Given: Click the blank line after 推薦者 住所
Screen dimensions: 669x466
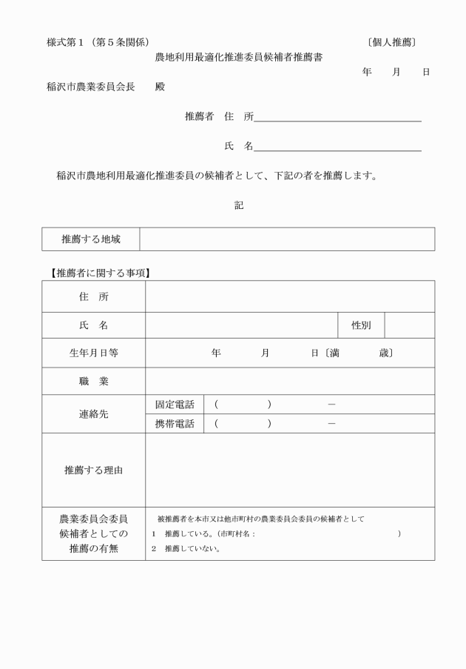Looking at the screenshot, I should click(337, 117).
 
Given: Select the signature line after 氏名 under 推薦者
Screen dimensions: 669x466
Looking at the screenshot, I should click(337, 147).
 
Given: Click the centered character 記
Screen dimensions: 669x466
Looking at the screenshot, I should click(239, 205).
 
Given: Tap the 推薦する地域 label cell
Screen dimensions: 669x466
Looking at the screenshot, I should click(91, 239).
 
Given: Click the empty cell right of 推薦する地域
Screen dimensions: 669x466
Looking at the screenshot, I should click(286, 239).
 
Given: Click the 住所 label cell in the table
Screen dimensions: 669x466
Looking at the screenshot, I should click(93, 296).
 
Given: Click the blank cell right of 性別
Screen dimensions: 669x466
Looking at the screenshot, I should click(409, 324).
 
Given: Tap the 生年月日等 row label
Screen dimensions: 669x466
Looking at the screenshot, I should click(93, 353).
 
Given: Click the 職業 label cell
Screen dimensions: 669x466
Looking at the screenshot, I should click(93, 382).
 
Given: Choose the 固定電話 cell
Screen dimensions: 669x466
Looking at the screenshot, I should click(175, 405).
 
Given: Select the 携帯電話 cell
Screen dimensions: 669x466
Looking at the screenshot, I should click(175, 424).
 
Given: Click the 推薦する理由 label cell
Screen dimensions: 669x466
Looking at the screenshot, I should click(93, 470).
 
